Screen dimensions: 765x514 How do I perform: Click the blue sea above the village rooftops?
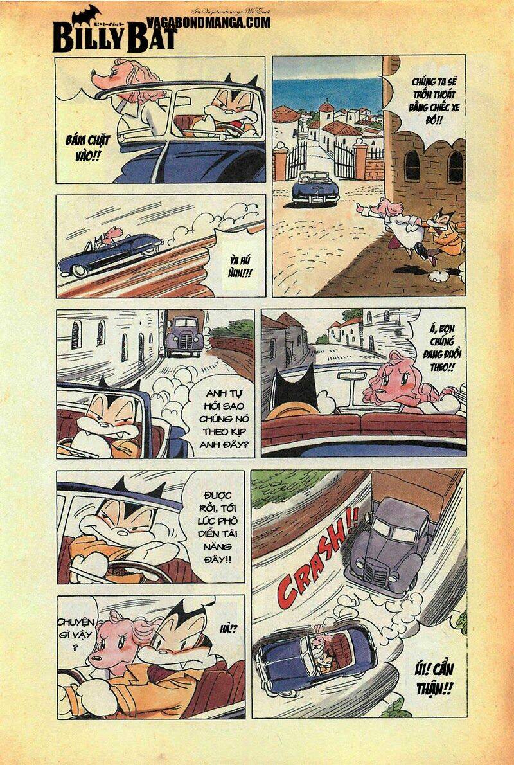click(x=328, y=93)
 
